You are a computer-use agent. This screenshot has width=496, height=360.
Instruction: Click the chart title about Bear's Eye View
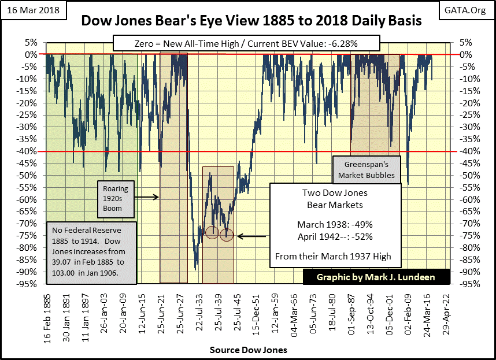pos(251,21)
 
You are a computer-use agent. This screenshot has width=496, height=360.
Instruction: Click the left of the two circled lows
pos(212,232)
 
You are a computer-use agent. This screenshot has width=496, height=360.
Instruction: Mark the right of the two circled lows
pos(226,235)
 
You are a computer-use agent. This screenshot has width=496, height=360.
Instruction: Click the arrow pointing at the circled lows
pos(252,236)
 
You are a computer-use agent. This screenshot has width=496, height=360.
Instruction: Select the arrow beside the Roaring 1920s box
pos(148,197)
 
